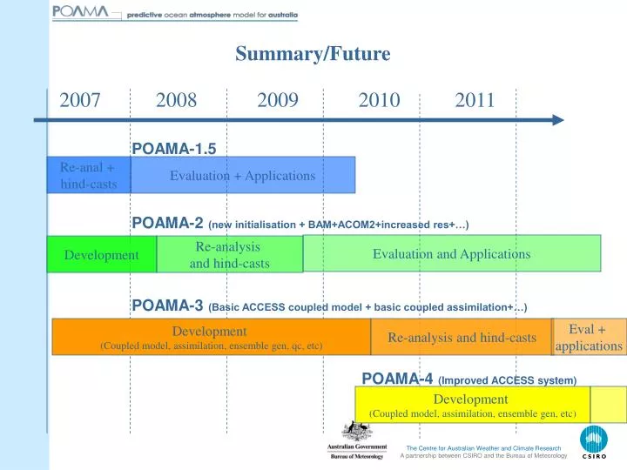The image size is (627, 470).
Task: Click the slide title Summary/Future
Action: pyautogui.click(x=313, y=54)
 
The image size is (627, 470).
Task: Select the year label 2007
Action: pyautogui.click(x=80, y=100)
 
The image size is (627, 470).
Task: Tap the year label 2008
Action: pyautogui.click(x=177, y=100)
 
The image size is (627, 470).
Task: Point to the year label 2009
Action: pyautogui.click(x=278, y=100)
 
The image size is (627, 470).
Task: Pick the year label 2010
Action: pyautogui.click(x=379, y=100)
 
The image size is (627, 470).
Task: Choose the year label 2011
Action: pyautogui.click(x=475, y=100)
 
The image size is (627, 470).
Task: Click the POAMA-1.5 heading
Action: pyautogui.click(x=173, y=148)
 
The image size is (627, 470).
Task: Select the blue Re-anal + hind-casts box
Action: pyautogui.click(x=88, y=175)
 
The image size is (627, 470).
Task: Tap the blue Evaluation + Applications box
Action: pyautogui.click(x=243, y=175)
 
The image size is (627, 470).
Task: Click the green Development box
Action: pyautogui.click(x=101, y=254)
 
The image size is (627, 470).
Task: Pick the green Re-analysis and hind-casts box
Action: pyautogui.click(x=230, y=254)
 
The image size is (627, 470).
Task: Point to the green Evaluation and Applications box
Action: pyautogui.click(x=451, y=253)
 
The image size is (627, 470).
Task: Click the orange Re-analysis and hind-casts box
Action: pyautogui.click(x=462, y=337)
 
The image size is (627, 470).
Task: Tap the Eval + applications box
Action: pyautogui.click(x=590, y=337)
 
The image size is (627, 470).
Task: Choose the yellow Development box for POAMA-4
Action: pyautogui.click(x=472, y=405)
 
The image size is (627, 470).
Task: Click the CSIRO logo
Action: pyautogui.click(x=594, y=442)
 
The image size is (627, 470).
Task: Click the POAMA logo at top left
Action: pyautogui.click(x=81, y=12)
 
